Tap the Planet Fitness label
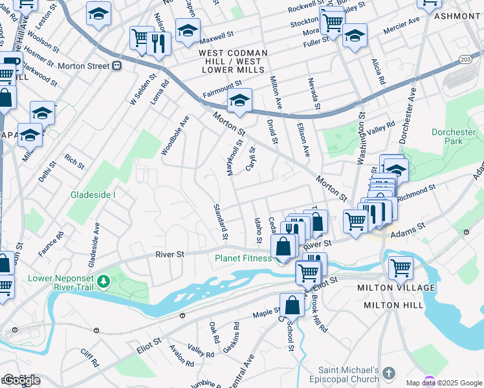243,259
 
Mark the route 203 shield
466,59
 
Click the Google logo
21,380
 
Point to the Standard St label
221,222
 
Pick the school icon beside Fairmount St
239,102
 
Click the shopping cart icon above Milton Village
401,267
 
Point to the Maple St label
265,313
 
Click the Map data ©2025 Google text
443,383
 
